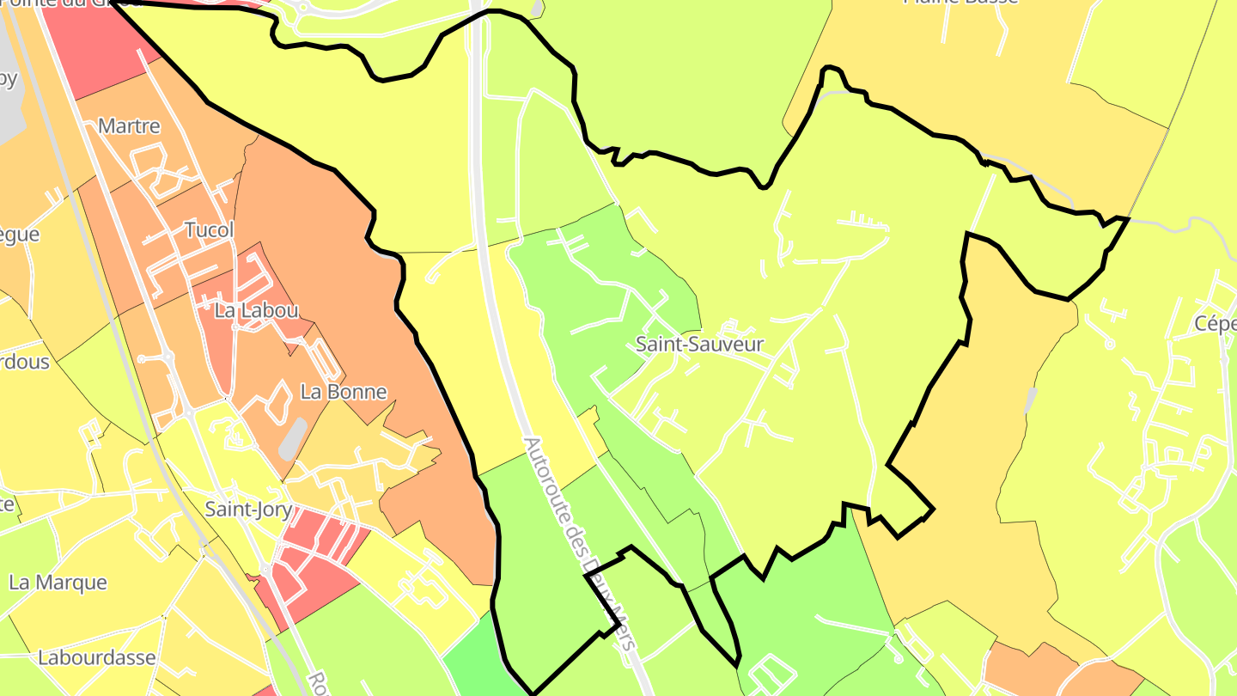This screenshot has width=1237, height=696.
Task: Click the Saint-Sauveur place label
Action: (x=699, y=345)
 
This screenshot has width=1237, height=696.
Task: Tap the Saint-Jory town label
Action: (x=248, y=510)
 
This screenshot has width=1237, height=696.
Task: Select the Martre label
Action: (x=129, y=126)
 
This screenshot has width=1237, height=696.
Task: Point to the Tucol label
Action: (x=209, y=230)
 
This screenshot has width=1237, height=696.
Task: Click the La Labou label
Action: (x=244, y=311)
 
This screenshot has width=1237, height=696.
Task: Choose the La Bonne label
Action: (x=343, y=392)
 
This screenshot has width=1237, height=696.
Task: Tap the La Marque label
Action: (x=58, y=583)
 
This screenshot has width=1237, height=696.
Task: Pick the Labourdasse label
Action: (x=96, y=658)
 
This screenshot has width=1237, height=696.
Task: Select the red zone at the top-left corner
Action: (x=94, y=43)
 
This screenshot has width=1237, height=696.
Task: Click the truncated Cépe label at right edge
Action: (x=1215, y=324)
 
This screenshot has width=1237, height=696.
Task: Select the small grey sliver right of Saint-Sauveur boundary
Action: (x=1031, y=400)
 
